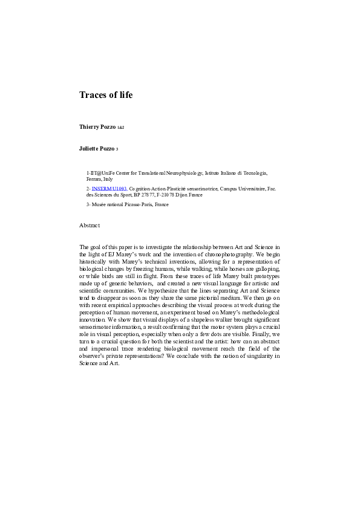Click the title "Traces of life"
coord(106,95)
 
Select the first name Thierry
coord(90,127)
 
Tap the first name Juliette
coord(90,148)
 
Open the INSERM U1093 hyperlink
coord(110,189)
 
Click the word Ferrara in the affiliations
coord(96,180)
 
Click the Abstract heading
coord(90,225)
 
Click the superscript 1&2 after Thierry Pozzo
coord(120,128)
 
